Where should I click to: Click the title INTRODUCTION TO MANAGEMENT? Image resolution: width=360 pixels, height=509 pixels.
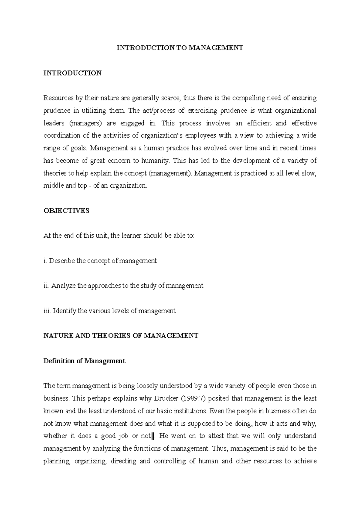[180, 48]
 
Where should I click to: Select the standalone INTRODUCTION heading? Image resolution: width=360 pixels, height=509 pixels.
[72, 73]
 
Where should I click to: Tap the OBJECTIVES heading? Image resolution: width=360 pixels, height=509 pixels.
[66, 211]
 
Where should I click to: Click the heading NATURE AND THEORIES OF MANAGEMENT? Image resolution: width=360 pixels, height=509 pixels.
[121, 336]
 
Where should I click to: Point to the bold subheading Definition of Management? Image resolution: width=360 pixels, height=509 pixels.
[84, 361]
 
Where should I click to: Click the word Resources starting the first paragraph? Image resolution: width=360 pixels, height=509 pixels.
[58, 98]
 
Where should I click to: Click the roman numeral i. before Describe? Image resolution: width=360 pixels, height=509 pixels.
[45, 261]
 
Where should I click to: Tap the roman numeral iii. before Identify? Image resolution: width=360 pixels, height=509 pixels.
[47, 311]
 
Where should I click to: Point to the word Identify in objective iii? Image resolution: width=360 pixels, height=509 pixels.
[64, 311]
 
